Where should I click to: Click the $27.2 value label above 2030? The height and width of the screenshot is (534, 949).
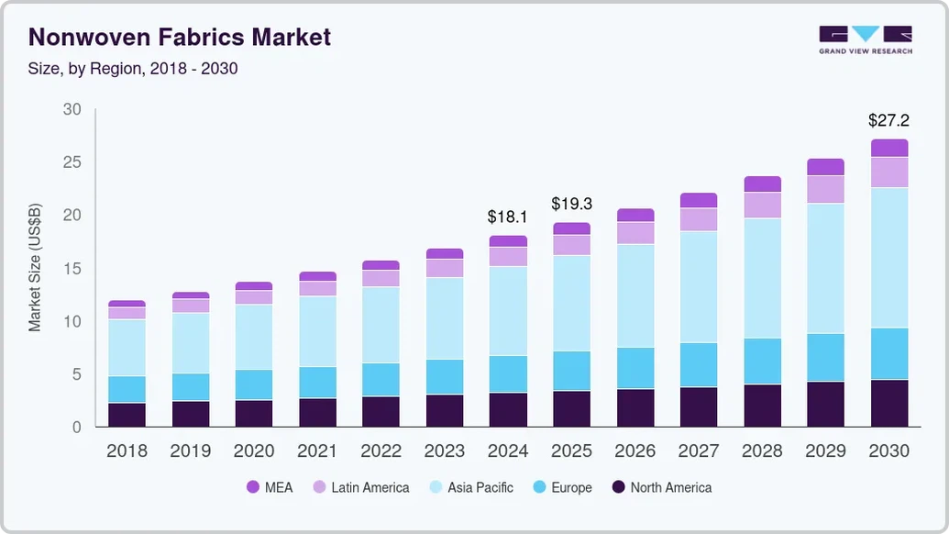888,120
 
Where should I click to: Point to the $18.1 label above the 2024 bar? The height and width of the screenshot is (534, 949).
507,217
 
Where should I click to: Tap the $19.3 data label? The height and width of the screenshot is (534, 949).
571,204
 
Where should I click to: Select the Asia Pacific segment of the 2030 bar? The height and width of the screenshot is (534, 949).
889,258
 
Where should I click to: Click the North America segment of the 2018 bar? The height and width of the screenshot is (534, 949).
127,415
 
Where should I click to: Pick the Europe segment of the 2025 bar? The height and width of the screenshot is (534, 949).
572,371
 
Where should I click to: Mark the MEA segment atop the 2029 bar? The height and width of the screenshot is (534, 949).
825,167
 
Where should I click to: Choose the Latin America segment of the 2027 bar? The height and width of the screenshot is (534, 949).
699,220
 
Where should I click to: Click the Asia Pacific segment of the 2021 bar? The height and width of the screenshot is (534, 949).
318,331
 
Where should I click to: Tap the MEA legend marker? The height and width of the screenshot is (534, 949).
253,487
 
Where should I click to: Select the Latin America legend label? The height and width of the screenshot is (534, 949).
370,487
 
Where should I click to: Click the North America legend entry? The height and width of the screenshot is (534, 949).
661,487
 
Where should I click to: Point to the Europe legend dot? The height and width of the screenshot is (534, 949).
539,487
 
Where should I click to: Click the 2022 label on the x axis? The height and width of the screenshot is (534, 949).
381,451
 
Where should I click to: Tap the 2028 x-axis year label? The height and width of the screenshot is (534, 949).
762,451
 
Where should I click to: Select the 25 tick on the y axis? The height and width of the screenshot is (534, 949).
72,162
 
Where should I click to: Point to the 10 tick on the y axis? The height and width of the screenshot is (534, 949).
72,321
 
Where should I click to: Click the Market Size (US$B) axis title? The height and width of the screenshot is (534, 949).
35,268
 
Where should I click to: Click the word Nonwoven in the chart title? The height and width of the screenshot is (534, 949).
90,37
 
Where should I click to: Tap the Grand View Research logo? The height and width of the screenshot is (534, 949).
866,40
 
